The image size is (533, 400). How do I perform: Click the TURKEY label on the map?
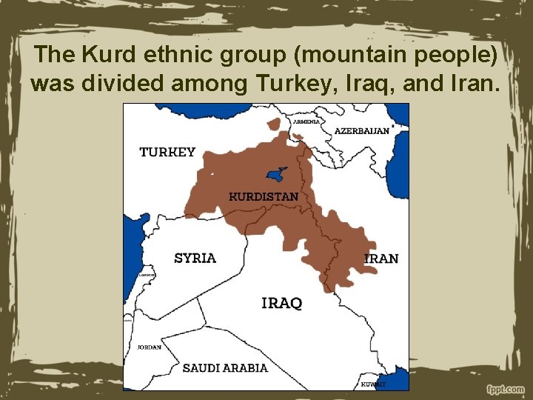[167, 152]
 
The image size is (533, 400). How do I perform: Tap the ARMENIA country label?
[306, 121]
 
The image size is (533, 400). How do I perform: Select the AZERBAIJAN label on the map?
[361, 130]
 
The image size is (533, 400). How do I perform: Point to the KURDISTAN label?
[264, 197]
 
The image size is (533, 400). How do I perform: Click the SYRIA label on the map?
[195, 259]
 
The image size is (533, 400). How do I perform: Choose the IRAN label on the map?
[381, 259]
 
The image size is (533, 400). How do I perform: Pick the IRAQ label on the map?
[282, 303]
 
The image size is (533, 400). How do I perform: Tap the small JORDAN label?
[149, 347]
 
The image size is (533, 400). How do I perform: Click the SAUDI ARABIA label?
[225, 368]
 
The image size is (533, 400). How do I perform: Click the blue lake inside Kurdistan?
[277, 175]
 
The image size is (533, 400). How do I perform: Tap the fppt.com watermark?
[506, 389]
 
